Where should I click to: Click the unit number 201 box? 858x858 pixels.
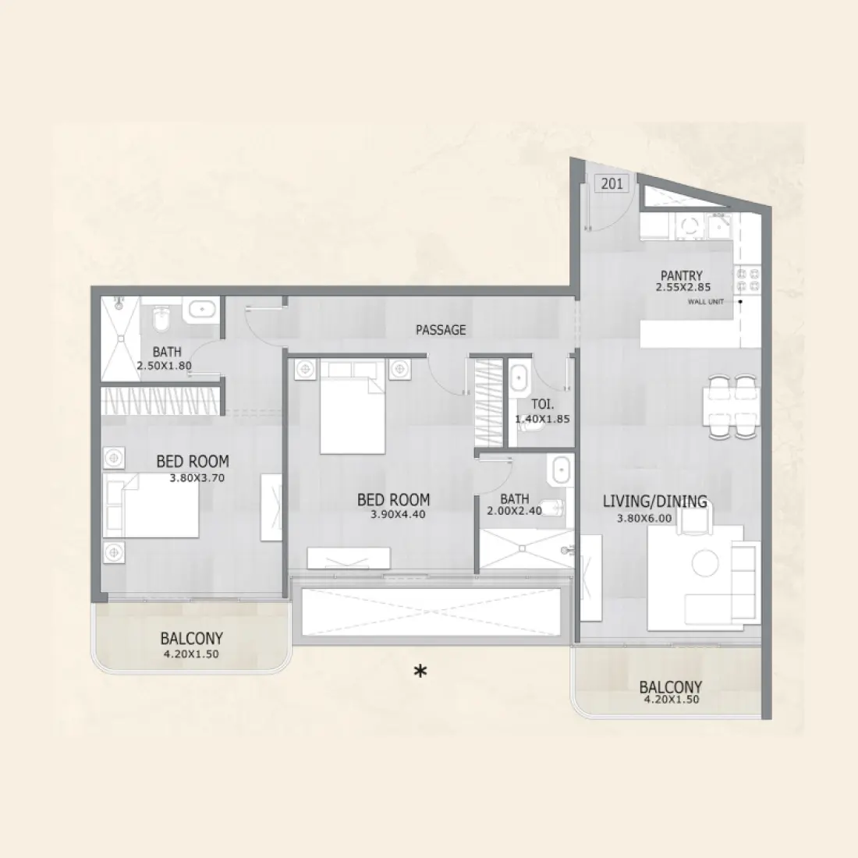[612, 184]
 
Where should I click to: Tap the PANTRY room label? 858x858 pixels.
[681, 275]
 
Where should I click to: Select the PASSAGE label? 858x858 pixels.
[441, 330]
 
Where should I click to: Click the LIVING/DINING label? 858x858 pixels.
[654, 502]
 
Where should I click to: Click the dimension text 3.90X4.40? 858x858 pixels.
[398, 514]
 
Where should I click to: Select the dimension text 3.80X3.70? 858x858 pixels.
[197, 477]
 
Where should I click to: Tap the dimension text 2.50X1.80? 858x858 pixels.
[164, 365]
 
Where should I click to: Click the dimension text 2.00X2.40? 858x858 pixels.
[513, 511]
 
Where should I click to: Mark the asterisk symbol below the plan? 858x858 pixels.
[420, 671]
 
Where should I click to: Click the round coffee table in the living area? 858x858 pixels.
[705, 562]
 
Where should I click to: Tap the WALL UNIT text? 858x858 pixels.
[705, 302]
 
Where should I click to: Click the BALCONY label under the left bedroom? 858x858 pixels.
[191, 639]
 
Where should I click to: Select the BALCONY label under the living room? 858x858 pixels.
[670, 687]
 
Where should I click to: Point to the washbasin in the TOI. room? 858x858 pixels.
[519, 380]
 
